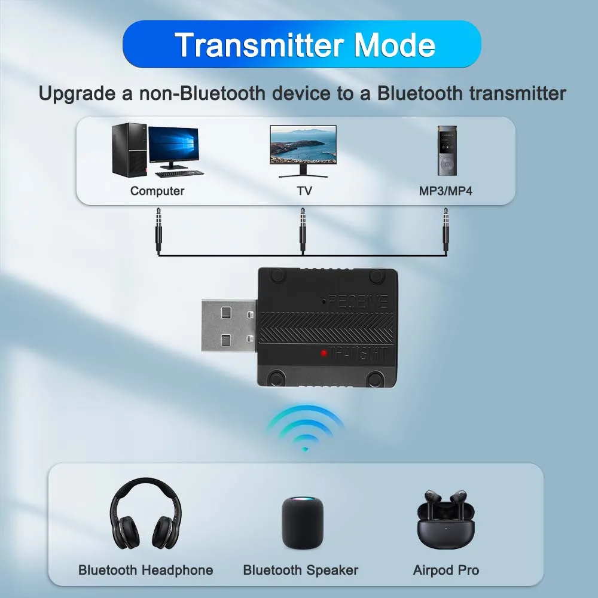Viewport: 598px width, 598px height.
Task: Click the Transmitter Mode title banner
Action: tap(301, 44)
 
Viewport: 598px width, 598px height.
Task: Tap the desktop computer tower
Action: tap(129, 149)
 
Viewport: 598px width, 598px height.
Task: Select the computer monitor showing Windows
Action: tap(173, 148)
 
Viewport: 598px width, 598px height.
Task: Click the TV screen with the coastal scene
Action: tap(303, 145)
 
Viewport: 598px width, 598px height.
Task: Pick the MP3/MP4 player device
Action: tap(447, 150)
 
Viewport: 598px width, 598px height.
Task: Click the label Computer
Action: tap(157, 191)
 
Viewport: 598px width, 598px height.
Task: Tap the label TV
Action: tap(304, 191)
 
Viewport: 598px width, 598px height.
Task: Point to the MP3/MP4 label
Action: tap(446, 191)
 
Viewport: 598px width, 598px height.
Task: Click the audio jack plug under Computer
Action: tap(158, 230)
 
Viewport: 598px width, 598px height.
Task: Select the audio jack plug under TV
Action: tap(303, 230)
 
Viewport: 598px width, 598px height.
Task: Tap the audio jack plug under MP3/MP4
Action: tap(446, 230)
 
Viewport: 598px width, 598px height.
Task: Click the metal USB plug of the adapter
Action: tap(228, 327)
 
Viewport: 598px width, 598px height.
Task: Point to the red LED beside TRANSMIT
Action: tap(324, 353)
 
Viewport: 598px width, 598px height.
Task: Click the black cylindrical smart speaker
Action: tap(303, 523)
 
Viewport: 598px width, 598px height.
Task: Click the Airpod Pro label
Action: tap(446, 570)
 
